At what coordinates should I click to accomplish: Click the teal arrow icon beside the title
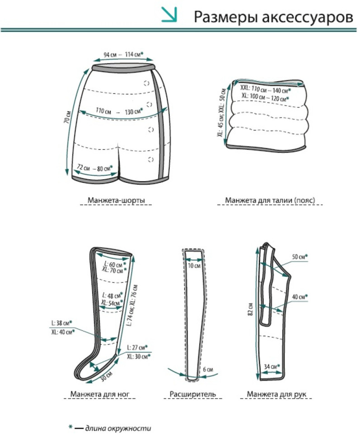tap(169, 14)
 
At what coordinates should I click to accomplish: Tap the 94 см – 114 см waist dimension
tap(123, 55)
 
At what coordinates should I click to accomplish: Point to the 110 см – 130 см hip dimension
tap(119, 111)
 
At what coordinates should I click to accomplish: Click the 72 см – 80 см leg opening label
tap(94, 168)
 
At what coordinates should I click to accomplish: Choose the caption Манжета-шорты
tap(116, 200)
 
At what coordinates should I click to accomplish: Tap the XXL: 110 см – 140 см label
tap(266, 89)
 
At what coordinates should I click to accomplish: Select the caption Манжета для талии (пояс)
tap(270, 200)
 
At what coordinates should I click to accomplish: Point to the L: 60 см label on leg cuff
tap(115, 264)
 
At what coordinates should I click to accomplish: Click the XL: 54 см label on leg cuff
tap(112, 303)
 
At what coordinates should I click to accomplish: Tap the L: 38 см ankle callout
tap(62, 323)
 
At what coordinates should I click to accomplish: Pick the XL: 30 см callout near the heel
tap(139, 356)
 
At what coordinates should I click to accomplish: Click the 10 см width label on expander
tap(194, 266)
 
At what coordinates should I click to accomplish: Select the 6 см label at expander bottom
tap(208, 369)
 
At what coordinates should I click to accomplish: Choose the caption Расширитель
tap(193, 394)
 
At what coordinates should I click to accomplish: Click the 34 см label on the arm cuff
tap(272, 366)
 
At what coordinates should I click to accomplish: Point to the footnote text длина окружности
tap(118, 428)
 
